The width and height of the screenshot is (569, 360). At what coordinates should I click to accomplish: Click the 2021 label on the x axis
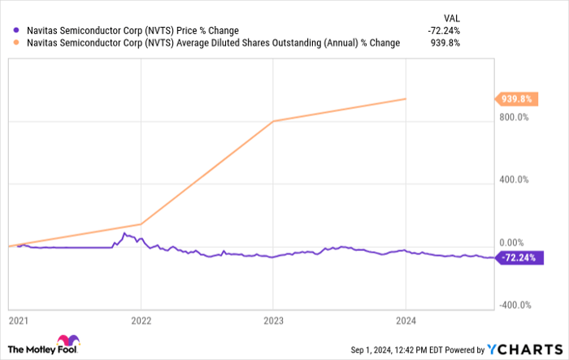click(18, 320)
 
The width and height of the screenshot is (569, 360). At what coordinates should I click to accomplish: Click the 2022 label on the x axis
click(141, 320)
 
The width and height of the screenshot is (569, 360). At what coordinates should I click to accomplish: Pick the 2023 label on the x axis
click(273, 320)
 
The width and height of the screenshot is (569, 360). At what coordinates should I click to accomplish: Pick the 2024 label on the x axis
click(406, 320)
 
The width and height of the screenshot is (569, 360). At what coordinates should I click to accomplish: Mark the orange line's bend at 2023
click(273, 121)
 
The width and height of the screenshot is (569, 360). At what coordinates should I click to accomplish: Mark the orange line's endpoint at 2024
click(406, 99)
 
